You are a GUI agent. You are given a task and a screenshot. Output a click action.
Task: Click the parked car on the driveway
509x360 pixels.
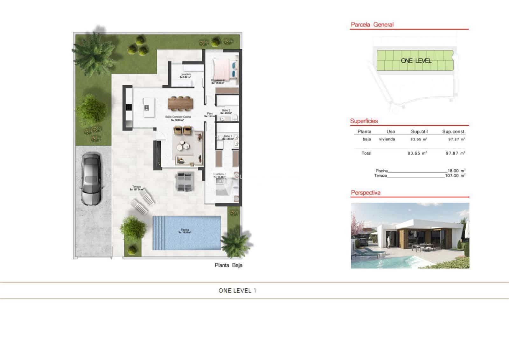tap(91, 178)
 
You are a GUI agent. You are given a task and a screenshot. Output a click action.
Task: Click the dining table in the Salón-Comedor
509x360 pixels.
tap(180, 102)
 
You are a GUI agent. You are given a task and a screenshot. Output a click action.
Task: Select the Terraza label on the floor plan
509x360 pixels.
tap(136, 187)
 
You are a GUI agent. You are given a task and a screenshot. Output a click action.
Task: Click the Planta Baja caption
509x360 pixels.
tap(228, 265)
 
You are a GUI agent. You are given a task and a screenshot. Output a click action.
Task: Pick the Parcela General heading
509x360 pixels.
tap(372, 25)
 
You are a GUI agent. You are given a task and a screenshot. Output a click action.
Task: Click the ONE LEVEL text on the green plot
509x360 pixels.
tap(416, 60)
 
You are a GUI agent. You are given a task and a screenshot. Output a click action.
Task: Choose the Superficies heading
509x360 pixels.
tap(364, 121)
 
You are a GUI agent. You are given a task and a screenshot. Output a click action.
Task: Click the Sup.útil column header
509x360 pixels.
tap(419, 131)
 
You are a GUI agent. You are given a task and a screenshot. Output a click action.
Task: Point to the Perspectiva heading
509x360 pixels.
tap(366, 193)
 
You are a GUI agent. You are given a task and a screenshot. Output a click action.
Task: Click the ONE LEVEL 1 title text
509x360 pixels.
tap(237, 290)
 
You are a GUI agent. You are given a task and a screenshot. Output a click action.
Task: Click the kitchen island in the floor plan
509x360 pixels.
tap(149, 107)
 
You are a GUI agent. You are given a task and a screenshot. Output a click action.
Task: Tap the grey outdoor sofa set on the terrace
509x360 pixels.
tap(185, 181)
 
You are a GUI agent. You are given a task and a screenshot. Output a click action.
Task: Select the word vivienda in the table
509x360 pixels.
tap(387, 139)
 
